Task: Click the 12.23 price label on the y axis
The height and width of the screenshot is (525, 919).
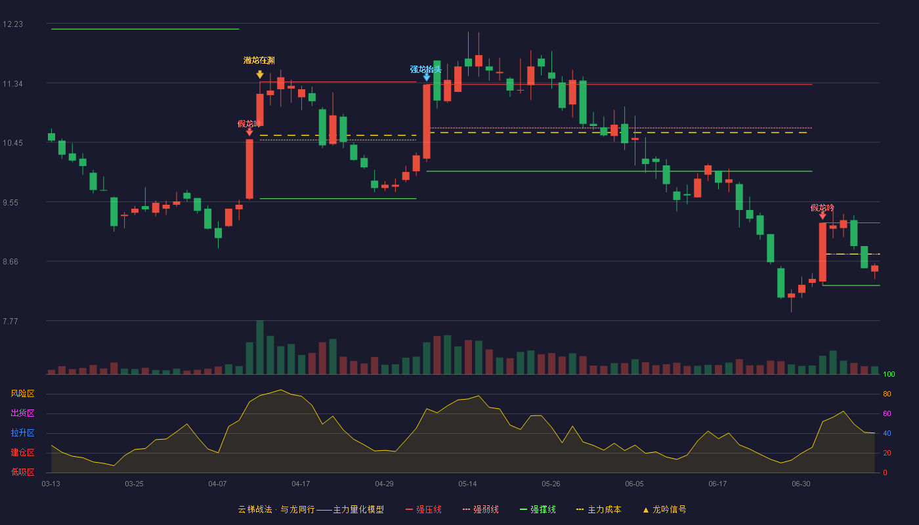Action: [x=12, y=24]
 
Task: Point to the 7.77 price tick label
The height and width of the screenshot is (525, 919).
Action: [x=11, y=321]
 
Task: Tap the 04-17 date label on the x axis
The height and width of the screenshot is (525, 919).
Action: [x=301, y=484]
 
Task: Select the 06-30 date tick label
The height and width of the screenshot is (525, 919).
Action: [x=801, y=484]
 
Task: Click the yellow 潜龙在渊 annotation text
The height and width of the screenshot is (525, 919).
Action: [x=259, y=60]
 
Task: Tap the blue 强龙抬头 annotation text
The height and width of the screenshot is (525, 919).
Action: [x=425, y=70]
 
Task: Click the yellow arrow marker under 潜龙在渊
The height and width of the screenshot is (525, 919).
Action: [x=260, y=74]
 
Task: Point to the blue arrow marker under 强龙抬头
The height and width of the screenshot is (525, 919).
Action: [x=427, y=77]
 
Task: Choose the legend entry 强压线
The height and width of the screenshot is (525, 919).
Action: [x=423, y=509]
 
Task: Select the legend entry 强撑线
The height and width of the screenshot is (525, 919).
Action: [x=538, y=509]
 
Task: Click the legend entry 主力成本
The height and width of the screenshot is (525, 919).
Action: [x=599, y=509]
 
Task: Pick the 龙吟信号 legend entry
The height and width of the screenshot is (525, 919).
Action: [x=664, y=509]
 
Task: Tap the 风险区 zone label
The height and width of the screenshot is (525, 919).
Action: [x=22, y=394]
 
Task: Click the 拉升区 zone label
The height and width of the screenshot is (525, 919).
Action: [x=22, y=433]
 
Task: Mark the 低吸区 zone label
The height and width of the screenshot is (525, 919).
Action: [x=22, y=472]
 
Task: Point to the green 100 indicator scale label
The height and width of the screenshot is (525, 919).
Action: [x=889, y=374]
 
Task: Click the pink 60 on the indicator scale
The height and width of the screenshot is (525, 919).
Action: [x=887, y=413]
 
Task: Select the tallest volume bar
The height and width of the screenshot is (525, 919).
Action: [x=260, y=347]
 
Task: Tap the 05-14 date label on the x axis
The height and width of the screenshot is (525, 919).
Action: [x=467, y=484]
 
